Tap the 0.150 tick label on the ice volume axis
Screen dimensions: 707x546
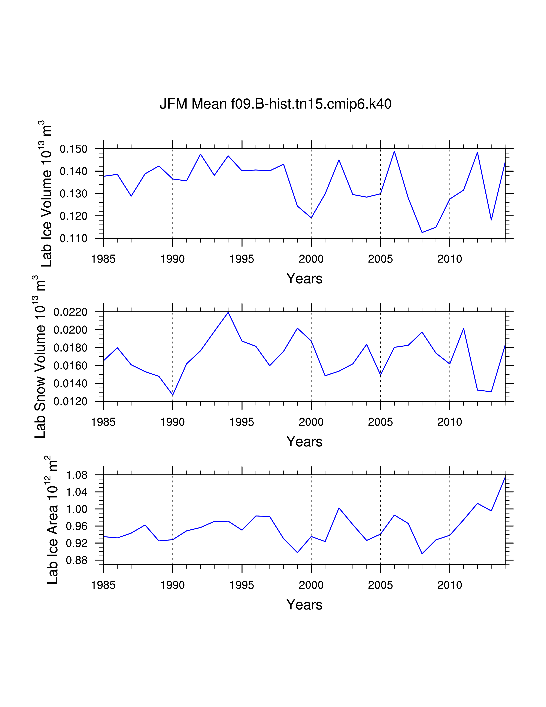[73, 149]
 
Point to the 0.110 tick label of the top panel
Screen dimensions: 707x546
[73, 239]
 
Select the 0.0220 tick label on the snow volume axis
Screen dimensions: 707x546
[70, 312]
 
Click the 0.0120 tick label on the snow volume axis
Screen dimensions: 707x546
[70, 402]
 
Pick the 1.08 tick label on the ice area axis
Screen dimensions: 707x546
[77, 476]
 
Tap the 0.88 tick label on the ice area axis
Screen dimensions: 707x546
[77, 560]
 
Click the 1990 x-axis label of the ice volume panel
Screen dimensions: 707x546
[172, 259]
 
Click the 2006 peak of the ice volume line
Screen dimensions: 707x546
[394, 151]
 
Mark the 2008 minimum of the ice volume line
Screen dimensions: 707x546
[422, 232]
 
